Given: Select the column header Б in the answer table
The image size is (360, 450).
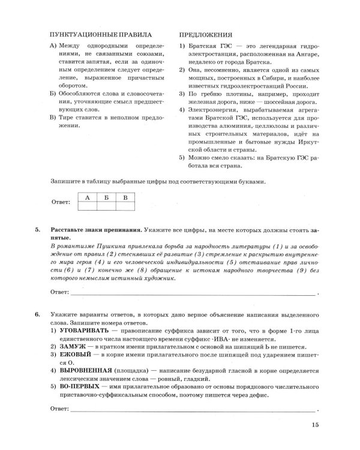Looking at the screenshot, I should coord(106,197).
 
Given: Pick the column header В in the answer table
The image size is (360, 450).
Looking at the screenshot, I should coord(125,197).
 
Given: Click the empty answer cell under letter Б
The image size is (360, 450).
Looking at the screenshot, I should coord(106,206).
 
